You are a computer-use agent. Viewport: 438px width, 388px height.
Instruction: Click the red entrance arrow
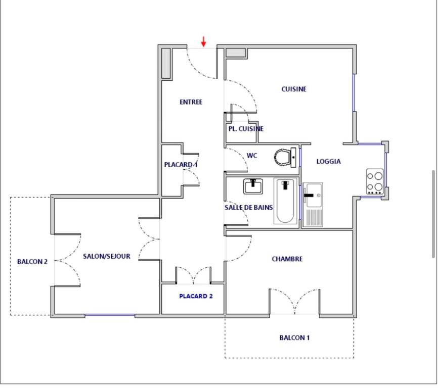204,41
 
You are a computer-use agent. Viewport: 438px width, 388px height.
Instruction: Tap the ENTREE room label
191,102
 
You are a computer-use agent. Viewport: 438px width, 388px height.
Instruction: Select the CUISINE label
294,89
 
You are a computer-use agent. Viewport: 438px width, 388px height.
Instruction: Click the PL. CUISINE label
246,129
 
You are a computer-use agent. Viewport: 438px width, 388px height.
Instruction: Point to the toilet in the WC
285,158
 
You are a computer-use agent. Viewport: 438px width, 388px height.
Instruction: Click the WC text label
252,156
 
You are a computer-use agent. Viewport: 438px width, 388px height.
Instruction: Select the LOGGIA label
329,162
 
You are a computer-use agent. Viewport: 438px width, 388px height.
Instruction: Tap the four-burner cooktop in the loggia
375,181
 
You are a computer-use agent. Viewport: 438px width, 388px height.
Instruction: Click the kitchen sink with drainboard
313,205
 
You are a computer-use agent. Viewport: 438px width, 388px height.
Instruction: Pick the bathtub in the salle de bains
285,201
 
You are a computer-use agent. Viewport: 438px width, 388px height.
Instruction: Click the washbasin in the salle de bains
253,186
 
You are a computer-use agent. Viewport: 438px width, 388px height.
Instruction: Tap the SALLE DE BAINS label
249,208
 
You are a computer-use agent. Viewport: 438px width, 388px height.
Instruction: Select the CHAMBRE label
287,259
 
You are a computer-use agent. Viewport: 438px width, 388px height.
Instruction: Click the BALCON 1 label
294,338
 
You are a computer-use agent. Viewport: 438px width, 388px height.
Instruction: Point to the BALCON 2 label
32,262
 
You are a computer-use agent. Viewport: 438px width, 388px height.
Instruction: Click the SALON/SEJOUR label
107,256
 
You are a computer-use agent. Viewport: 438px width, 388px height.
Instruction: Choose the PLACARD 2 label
196,296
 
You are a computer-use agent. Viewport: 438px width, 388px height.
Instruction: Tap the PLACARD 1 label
181,165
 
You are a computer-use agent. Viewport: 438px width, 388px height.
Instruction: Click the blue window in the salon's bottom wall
110,315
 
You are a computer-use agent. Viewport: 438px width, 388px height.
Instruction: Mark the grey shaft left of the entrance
166,64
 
